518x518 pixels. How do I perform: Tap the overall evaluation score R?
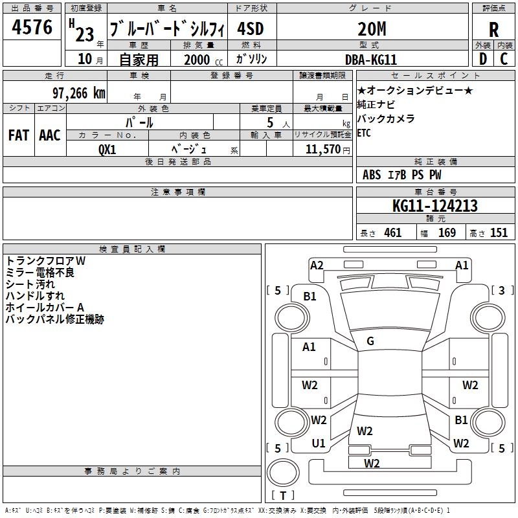click(x=493, y=30)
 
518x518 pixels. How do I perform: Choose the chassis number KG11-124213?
click(x=435, y=206)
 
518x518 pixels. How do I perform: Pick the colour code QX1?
click(x=107, y=148)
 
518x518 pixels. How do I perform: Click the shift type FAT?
click(x=18, y=135)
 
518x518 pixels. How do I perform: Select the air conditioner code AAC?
click(x=49, y=135)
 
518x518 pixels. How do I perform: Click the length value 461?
click(x=392, y=232)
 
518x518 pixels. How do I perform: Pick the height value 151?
click(x=499, y=232)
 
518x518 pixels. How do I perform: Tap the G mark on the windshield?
click(x=370, y=341)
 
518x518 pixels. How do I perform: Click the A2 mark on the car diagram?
click(x=317, y=265)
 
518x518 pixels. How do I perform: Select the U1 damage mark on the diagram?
click(x=319, y=444)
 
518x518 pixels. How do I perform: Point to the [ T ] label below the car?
click(x=283, y=496)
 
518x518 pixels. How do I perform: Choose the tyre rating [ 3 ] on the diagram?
click(x=501, y=291)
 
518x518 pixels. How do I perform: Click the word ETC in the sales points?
click(x=364, y=133)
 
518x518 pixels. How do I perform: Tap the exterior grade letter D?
click(x=482, y=58)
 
